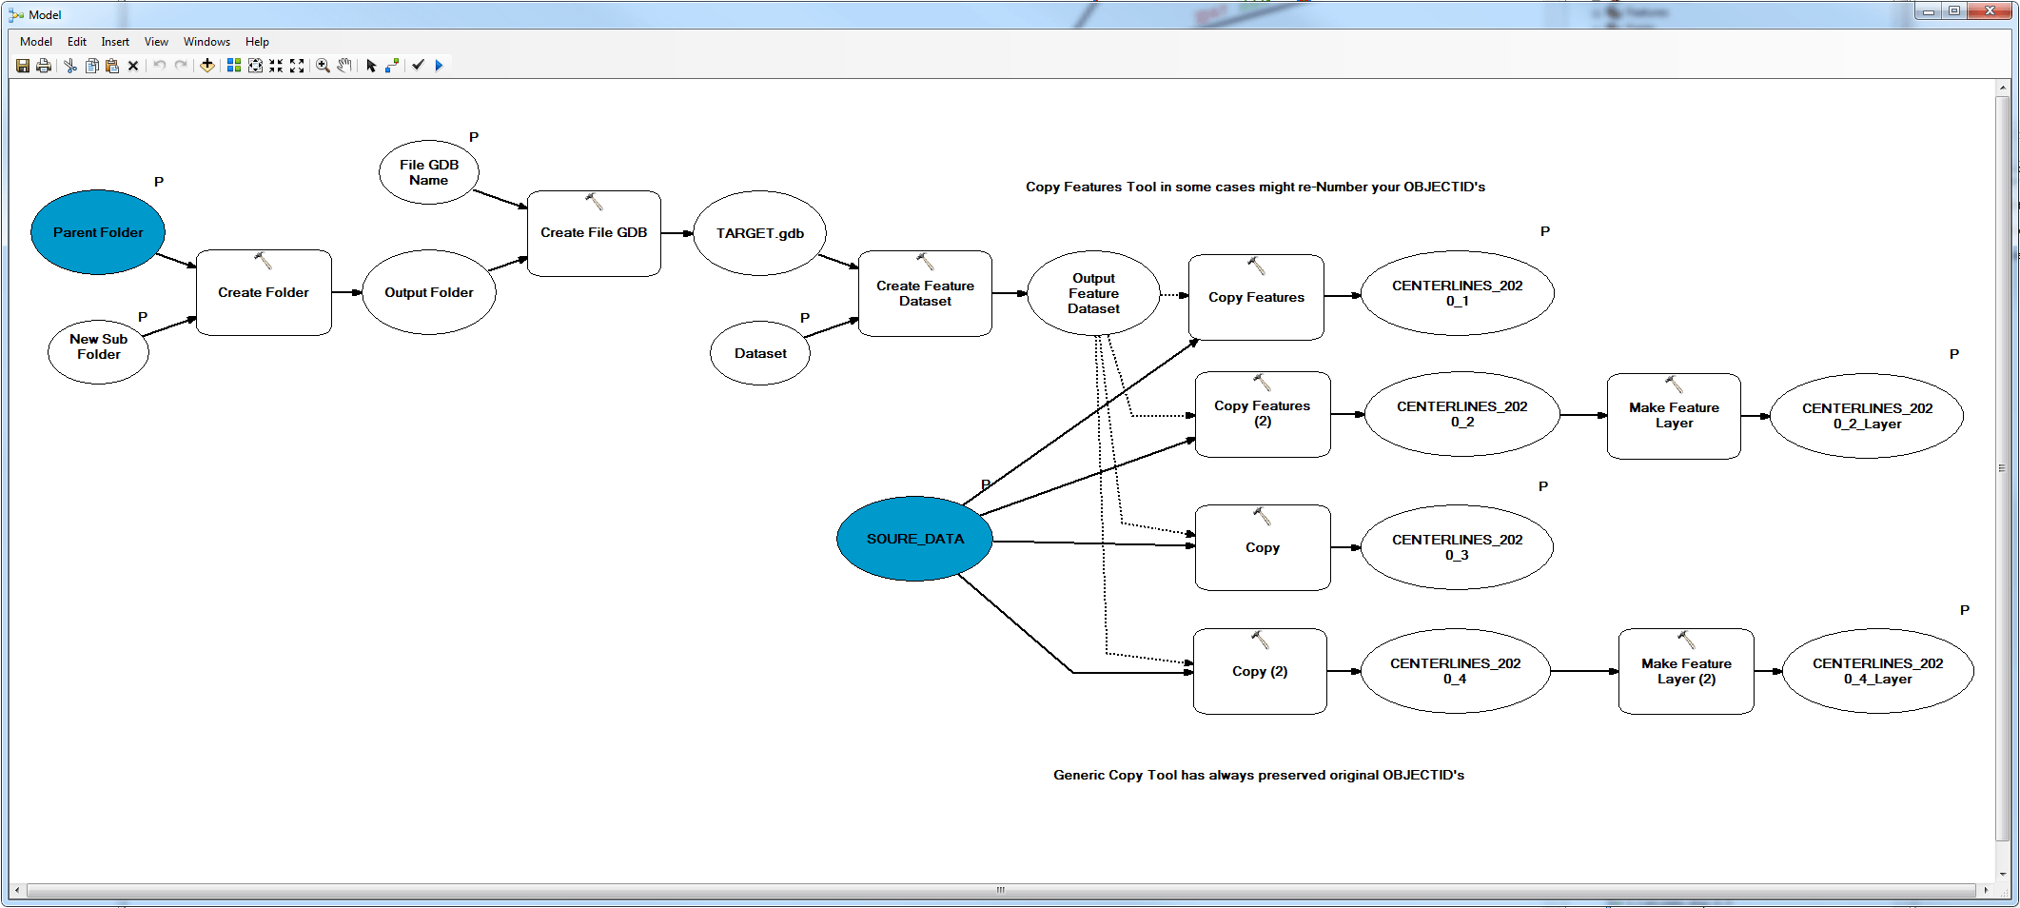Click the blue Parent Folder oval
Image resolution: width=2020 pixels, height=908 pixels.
(98, 232)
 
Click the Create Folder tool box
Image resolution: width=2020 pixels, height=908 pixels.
(264, 293)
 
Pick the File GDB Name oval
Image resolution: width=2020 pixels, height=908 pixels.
(429, 172)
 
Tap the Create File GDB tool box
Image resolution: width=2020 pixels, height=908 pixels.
(594, 233)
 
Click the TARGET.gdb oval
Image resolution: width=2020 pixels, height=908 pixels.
(759, 233)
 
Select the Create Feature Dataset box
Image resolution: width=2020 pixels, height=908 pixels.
(925, 294)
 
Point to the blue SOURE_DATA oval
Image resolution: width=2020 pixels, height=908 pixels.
(914, 539)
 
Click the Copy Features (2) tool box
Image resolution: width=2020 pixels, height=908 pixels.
(1262, 415)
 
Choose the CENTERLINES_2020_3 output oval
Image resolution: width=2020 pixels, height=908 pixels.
(1457, 547)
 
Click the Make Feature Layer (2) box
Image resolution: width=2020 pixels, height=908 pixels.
(1685, 672)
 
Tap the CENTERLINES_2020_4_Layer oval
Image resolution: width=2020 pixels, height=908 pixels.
(1877, 671)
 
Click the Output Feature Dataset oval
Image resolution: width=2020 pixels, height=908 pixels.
(1093, 293)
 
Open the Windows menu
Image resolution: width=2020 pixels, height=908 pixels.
(206, 42)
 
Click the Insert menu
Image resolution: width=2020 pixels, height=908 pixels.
(115, 42)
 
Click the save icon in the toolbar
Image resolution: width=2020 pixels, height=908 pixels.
(23, 66)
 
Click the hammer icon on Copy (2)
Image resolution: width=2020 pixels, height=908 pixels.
(1260, 640)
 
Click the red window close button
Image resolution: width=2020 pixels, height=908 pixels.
(1990, 11)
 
